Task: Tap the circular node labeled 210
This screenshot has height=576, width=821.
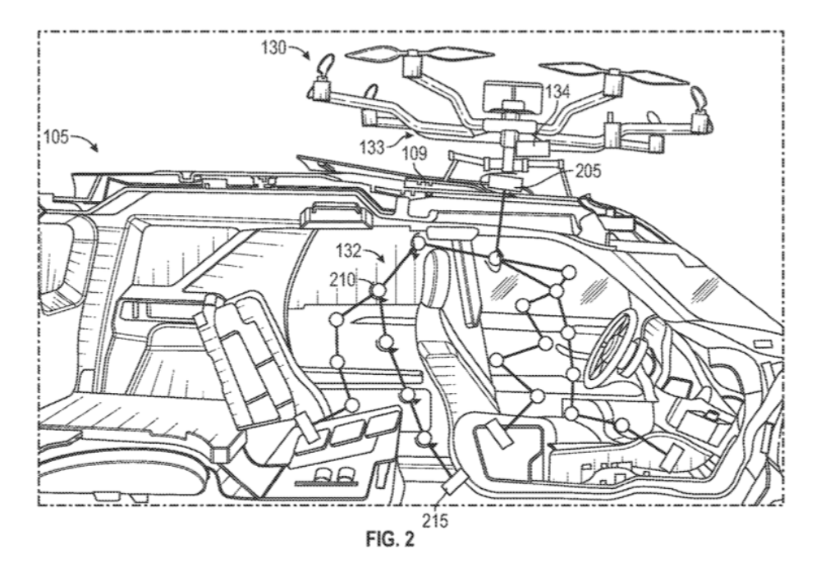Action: [378, 290]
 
